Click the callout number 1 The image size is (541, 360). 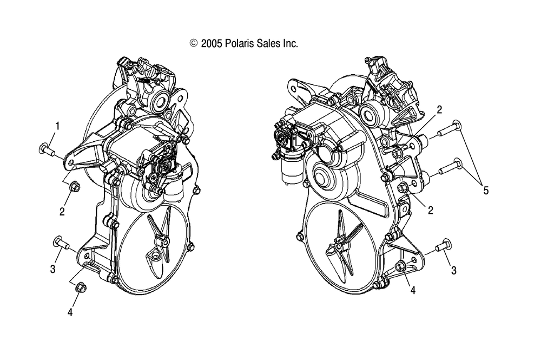[x=58, y=126]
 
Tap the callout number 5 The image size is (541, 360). [x=486, y=190]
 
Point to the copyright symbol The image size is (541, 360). [x=194, y=43]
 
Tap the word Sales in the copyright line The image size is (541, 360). [x=268, y=43]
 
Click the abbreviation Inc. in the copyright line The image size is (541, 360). [x=291, y=43]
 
